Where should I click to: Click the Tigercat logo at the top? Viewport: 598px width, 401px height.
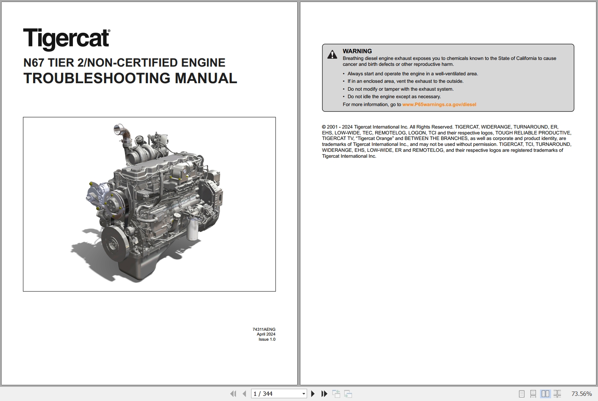[66, 39]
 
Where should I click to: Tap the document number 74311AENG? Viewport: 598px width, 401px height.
[264, 329]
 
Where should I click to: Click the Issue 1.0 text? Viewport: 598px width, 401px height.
[267, 339]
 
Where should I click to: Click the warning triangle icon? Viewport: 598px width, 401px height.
[332, 55]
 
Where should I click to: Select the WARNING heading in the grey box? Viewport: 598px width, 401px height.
[357, 51]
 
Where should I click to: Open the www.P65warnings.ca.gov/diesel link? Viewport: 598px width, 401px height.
[439, 104]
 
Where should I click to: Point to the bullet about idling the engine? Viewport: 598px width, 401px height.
[394, 97]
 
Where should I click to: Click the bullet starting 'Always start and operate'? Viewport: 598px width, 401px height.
[412, 74]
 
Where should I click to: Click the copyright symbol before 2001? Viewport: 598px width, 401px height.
[324, 127]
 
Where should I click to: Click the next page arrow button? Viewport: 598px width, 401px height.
[313, 394]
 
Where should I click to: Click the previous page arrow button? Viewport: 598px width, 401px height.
[244, 394]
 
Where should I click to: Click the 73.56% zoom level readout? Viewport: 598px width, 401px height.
[581, 394]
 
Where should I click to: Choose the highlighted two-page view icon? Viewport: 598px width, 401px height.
[545, 394]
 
